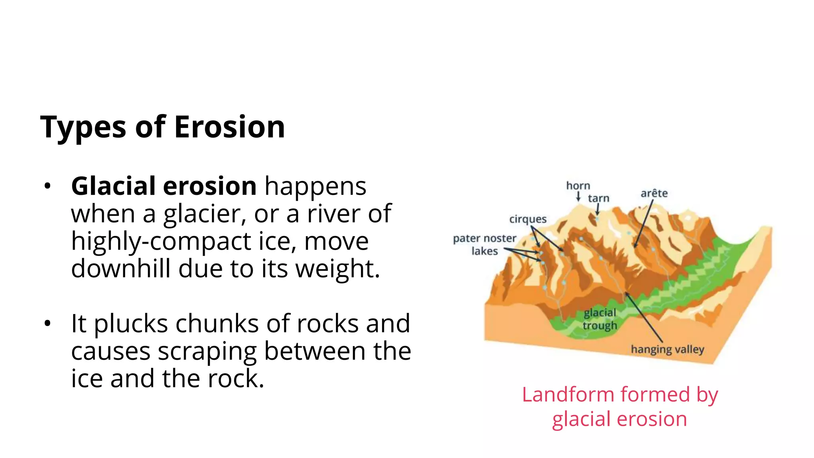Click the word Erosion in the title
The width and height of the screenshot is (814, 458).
tap(229, 127)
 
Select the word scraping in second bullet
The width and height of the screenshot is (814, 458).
tap(207, 351)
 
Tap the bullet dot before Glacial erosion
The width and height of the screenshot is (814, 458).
tap(48, 186)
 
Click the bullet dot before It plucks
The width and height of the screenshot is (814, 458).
tap(48, 324)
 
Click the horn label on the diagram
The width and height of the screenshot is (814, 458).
tap(578, 186)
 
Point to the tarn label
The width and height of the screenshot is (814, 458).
tap(599, 198)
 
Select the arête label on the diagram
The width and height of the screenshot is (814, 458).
tap(654, 193)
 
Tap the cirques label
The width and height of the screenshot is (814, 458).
tap(528, 219)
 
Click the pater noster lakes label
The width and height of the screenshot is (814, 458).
tap(485, 244)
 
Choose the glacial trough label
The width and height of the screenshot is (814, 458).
tap(600, 319)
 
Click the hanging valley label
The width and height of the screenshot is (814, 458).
tap(667, 349)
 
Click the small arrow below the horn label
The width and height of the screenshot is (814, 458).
tap(578, 196)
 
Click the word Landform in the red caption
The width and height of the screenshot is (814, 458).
tap(569, 395)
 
